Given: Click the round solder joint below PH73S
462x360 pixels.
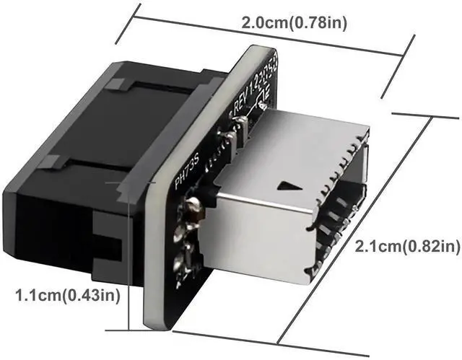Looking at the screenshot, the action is click(193, 210).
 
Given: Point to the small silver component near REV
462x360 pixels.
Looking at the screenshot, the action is click(243, 128).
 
